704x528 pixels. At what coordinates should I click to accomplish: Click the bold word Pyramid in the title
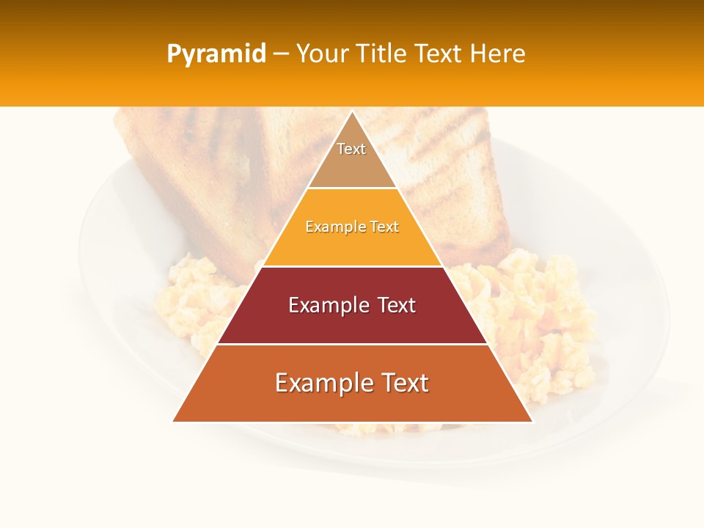[216, 54]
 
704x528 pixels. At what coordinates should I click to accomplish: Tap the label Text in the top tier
[351, 149]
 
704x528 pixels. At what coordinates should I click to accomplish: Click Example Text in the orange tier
[352, 227]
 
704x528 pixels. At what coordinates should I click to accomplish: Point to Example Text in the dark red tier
[352, 305]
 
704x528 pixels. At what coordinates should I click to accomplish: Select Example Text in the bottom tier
[352, 383]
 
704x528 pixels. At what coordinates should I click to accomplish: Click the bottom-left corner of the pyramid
[174, 421]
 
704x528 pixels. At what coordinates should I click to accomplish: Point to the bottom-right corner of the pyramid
[532, 421]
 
